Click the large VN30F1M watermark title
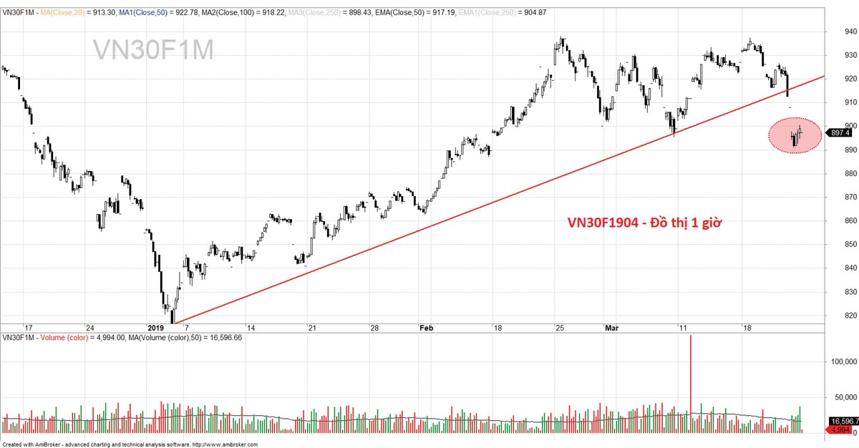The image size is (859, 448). (153, 50)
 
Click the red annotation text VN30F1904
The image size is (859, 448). (644, 223)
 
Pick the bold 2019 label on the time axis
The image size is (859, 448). (156, 328)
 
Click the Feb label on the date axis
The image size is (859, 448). (426, 328)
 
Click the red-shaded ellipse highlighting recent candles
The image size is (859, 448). (795, 135)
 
